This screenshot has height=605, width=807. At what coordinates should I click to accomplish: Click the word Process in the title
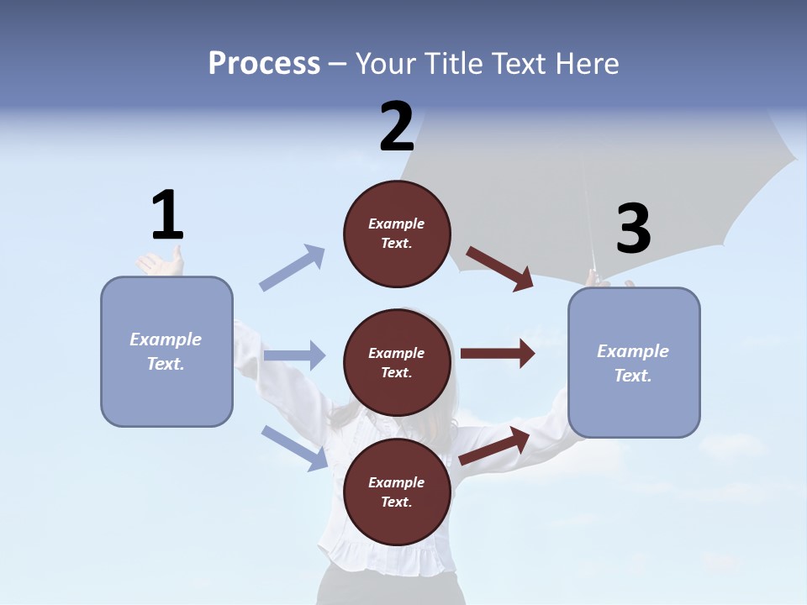click(x=264, y=64)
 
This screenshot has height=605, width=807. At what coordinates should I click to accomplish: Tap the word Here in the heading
click(x=587, y=63)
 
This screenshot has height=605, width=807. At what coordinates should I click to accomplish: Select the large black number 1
click(x=168, y=214)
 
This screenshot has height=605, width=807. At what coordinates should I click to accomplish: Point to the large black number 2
click(x=397, y=125)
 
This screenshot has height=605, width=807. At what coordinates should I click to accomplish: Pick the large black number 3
click(x=634, y=228)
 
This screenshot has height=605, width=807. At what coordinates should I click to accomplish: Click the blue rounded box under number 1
click(x=166, y=352)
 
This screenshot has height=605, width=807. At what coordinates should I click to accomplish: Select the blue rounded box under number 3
click(x=634, y=363)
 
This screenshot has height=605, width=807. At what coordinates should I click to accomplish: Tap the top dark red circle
click(x=397, y=234)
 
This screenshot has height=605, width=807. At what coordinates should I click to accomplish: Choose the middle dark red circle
click(x=397, y=363)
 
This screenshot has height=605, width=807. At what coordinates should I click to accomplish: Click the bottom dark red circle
click(x=397, y=492)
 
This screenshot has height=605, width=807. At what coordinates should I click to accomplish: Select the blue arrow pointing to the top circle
click(x=292, y=267)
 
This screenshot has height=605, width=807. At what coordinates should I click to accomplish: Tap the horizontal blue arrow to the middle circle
click(x=295, y=355)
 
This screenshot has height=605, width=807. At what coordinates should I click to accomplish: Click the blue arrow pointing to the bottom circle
click(x=295, y=448)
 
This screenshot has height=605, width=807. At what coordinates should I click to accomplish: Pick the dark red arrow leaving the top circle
click(x=499, y=269)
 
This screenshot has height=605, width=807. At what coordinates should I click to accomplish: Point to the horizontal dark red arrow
click(x=498, y=354)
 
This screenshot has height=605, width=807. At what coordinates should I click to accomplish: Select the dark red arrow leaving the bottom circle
click(x=494, y=446)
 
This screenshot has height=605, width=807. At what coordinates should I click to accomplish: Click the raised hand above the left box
click(x=161, y=261)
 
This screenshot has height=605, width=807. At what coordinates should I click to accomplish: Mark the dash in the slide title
click(x=338, y=66)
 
